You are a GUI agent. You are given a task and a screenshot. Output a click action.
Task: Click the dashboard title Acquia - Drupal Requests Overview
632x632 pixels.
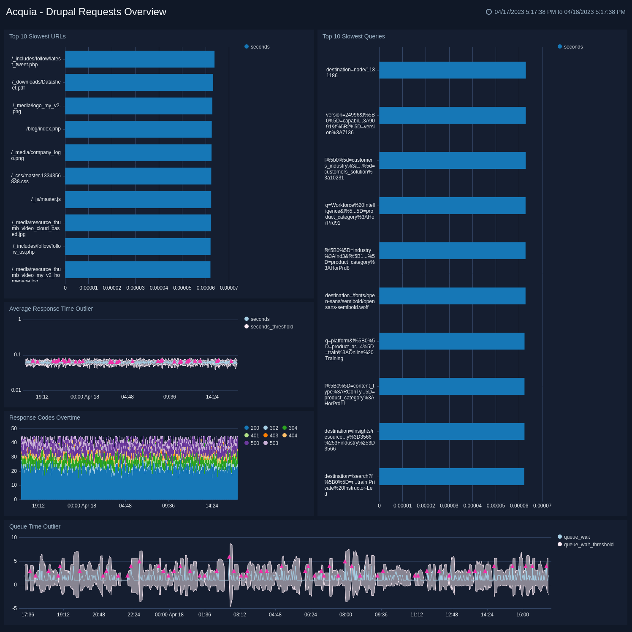point(86,12)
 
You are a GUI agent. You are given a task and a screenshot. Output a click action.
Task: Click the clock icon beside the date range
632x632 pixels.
point(489,12)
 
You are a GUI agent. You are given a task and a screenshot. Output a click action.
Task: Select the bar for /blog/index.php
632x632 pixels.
point(138,129)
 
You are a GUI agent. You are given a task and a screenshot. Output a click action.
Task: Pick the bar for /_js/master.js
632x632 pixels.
point(138,200)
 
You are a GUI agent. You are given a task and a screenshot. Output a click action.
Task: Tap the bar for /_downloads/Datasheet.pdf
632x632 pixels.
point(139,82)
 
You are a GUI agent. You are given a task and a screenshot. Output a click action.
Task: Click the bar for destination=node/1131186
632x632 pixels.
point(452,70)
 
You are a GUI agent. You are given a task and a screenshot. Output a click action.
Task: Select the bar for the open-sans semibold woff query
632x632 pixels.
point(452,296)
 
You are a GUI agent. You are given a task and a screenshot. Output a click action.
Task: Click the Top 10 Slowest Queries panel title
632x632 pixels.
point(353,36)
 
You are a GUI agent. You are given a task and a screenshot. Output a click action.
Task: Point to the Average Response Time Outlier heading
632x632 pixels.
point(51,309)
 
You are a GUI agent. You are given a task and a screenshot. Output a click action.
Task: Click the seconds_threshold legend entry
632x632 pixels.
point(271,327)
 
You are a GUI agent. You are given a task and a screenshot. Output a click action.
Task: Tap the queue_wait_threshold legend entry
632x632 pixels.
point(588,545)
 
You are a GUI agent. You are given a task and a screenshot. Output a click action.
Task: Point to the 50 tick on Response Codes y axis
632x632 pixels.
point(14,429)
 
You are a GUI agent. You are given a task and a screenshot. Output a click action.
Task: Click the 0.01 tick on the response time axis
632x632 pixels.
point(16,390)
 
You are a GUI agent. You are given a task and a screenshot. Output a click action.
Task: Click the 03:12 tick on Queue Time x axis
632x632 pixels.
point(240,615)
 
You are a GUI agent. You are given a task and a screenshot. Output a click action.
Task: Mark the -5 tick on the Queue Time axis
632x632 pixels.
point(15,608)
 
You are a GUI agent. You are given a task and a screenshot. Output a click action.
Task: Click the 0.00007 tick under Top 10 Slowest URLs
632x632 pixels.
point(229,288)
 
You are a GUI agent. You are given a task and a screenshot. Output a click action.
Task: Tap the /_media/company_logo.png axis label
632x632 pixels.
point(36,155)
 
